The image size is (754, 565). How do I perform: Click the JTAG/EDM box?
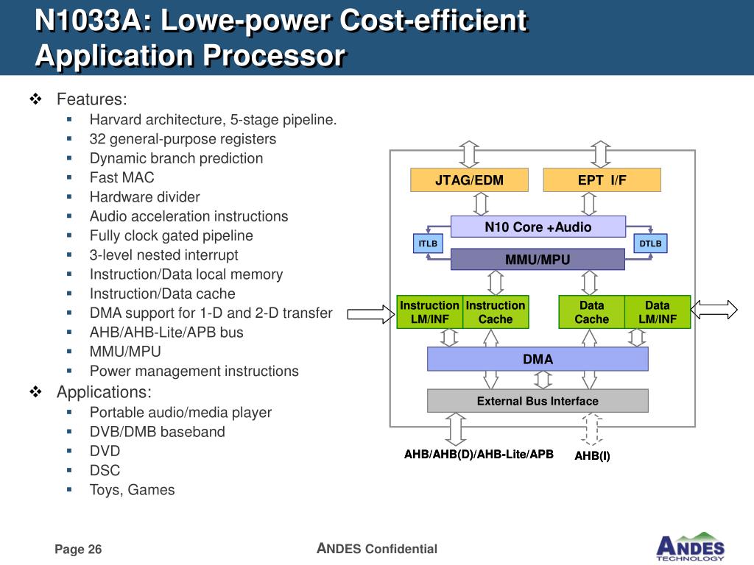click(469, 180)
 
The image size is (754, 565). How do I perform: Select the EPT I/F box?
click(602, 180)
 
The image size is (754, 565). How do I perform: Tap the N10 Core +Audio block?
click(538, 227)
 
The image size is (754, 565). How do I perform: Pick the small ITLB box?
click(428, 244)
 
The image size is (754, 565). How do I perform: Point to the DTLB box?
click(650, 244)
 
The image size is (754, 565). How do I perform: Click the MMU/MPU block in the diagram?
click(538, 260)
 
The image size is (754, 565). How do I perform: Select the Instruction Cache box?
click(496, 312)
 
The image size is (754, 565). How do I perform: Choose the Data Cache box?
click(591, 312)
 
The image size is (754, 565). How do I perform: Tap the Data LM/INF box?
click(658, 312)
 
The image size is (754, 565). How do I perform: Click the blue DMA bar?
click(538, 359)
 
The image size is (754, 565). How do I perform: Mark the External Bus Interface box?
click(538, 401)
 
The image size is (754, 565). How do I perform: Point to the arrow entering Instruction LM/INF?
click(371, 315)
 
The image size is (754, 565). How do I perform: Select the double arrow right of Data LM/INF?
click(714, 310)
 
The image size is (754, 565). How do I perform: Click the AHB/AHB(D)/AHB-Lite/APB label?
click(479, 454)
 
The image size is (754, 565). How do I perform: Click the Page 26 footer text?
click(78, 550)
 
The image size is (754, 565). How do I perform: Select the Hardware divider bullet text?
click(144, 196)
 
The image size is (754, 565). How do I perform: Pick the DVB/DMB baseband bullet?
click(157, 432)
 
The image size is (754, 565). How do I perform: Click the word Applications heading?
click(104, 392)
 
